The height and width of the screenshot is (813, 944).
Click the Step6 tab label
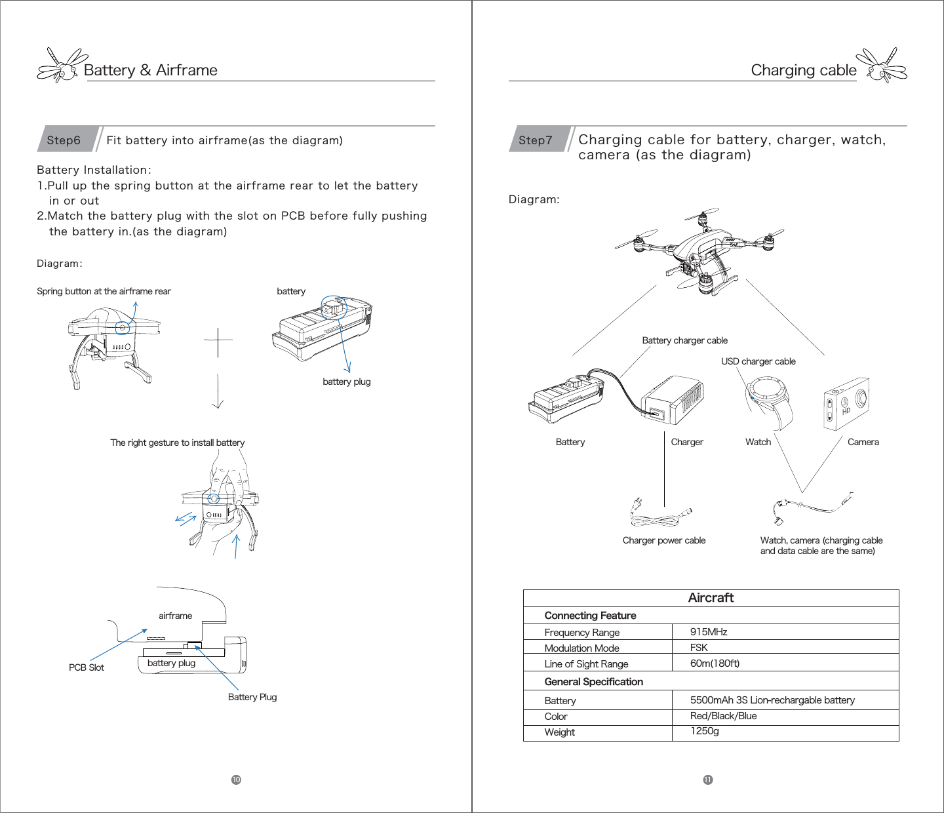64,140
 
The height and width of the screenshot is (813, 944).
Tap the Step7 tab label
536,140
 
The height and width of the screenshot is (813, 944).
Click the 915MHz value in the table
709,632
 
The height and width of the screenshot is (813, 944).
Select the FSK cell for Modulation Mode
699,648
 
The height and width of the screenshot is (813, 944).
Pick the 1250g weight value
705,731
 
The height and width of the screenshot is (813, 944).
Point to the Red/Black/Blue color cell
723,716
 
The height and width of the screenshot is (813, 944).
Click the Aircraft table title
711,598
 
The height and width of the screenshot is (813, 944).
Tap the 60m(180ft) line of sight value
715,664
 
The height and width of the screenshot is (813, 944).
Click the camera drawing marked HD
846,403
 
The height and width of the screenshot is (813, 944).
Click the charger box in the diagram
673,400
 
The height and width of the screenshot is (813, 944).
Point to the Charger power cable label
663,541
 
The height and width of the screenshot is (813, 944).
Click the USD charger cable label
758,361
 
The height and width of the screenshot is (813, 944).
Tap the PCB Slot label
87,667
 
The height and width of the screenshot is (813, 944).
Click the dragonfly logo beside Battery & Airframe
62,65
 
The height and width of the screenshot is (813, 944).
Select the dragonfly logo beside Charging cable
882,65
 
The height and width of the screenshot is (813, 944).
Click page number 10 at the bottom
236,780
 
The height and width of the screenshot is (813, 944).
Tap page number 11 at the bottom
708,780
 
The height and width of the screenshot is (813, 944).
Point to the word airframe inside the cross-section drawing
175,616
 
